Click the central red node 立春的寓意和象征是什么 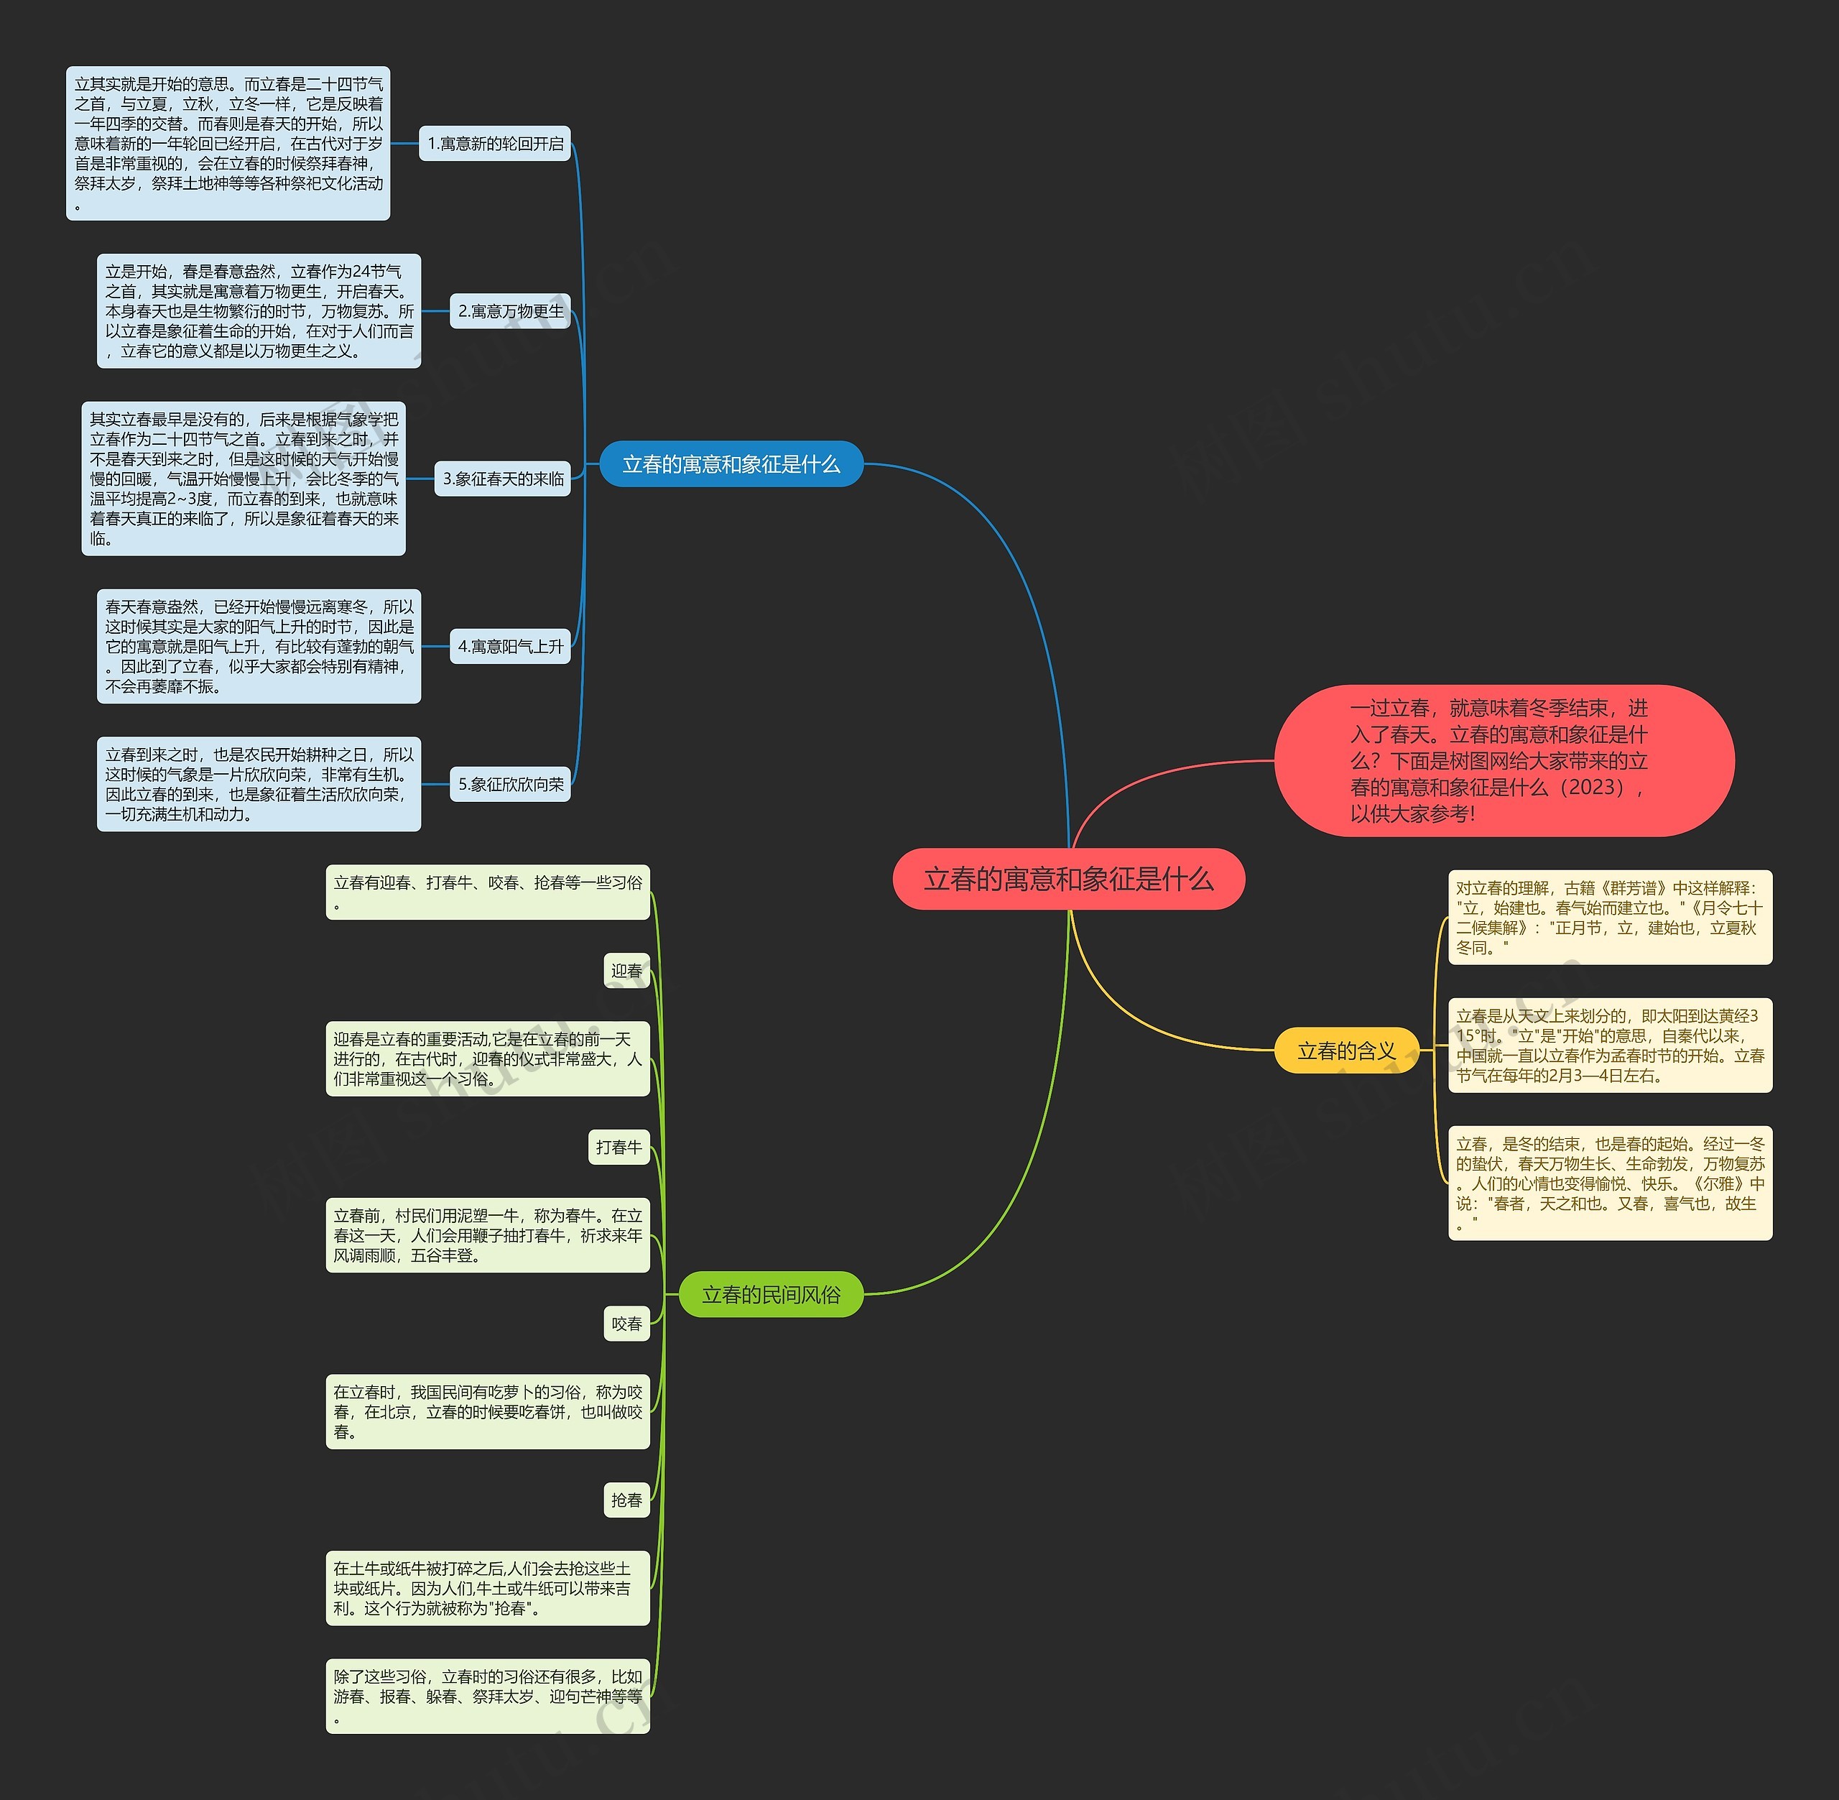[x=1068, y=880]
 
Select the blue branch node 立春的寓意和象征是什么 [x=731, y=464]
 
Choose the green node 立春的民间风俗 [x=770, y=1294]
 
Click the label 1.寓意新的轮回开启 [x=495, y=144]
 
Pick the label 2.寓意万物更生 [x=510, y=311]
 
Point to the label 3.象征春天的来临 [x=503, y=479]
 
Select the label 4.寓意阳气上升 [x=510, y=647]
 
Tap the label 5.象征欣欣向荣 [x=510, y=784]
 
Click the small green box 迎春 [x=626, y=971]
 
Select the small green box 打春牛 [x=619, y=1147]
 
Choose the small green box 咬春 [x=626, y=1324]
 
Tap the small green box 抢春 [x=626, y=1500]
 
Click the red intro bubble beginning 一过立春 [x=1503, y=760]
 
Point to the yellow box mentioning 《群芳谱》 [x=1609, y=917]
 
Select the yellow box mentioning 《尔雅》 [x=1609, y=1183]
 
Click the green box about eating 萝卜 [x=488, y=1411]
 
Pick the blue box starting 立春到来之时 [x=259, y=784]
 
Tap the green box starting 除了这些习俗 [x=488, y=1696]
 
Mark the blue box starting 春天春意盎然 [x=259, y=647]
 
